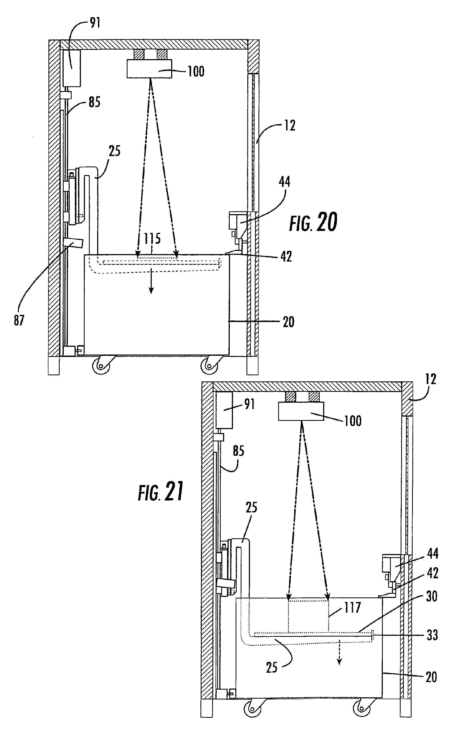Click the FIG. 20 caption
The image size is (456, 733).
pos(313,222)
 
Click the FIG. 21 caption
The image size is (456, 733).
pos(161,492)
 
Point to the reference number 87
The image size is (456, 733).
pos(19,320)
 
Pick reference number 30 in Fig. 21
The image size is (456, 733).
pos(432,596)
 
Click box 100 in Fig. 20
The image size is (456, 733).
pos(149,69)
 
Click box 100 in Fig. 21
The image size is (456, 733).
pos(301,411)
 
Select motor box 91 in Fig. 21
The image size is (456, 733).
pos(224,410)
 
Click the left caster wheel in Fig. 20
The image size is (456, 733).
pos(101,366)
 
